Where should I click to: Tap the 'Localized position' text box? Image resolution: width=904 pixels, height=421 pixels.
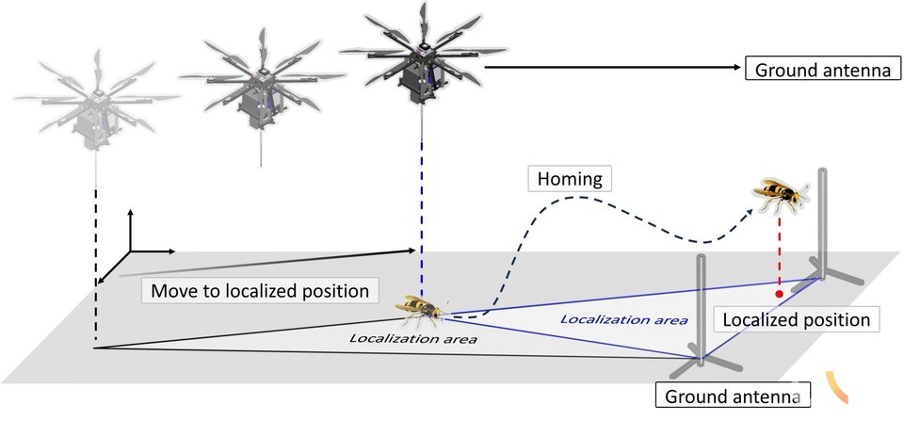point(796,319)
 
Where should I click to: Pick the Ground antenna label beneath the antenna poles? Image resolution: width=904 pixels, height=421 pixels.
point(731,397)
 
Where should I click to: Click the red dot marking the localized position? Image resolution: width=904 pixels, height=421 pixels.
point(779,296)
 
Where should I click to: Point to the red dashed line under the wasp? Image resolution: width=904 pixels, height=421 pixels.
point(779,254)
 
